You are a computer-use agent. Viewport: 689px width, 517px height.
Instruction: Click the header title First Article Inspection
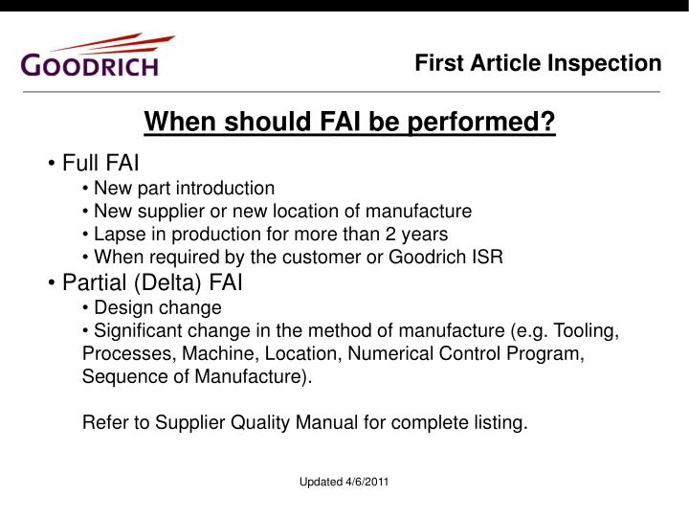(538, 63)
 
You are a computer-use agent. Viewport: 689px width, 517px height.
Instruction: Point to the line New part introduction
(184, 188)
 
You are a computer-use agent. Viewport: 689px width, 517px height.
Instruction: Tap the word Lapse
(117, 234)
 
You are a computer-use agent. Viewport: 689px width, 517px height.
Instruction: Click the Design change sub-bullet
(158, 307)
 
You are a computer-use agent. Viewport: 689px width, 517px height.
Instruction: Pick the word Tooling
(588, 331)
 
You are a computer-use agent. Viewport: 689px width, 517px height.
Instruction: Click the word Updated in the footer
(320, 481)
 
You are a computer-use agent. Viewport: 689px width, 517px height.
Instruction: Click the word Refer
(104, 423)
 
